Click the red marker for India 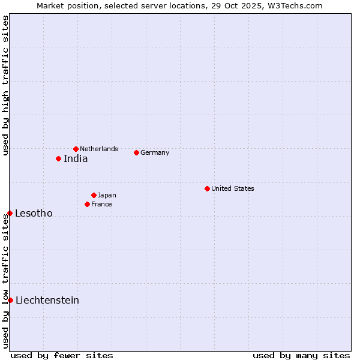point(58,158)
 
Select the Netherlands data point point(76,149)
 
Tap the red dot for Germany point(136,152)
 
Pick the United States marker point(207,188)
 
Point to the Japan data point point(94,195)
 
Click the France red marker point(87,204)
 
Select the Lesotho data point point(10,213)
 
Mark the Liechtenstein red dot point(10,300)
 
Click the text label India point(76,159)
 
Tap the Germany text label point(155,152)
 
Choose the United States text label point(232,188)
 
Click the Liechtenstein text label point(47,301)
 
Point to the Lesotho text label point(34,214)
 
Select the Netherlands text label point(99,149)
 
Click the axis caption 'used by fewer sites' point(62,355)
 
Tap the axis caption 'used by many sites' point(301,355)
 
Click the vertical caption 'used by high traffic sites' point(6,85)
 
